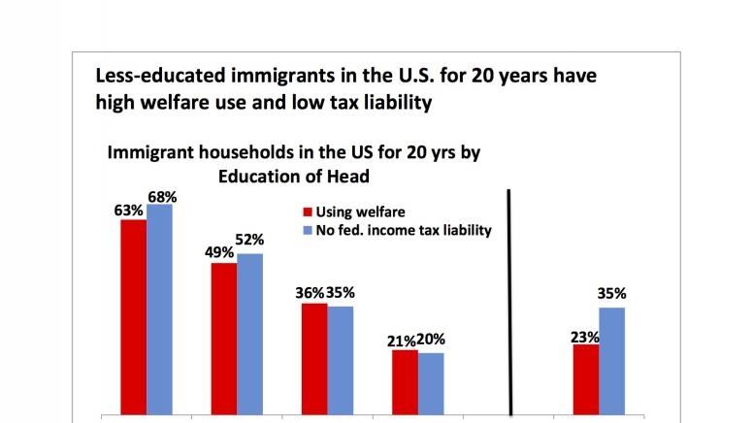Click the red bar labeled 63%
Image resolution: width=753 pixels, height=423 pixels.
[x=133, y=317]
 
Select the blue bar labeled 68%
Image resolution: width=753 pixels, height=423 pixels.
[x=159, y=309]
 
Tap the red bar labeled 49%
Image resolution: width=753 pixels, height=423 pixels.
[x=224, y=339]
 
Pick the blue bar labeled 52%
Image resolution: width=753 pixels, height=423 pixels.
[x=249, y=334]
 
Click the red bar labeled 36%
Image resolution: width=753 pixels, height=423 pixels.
[x=313, y=359]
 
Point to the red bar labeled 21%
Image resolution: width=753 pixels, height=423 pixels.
[x=405, y=382]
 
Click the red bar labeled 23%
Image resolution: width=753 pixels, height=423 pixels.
[x=585, y=379]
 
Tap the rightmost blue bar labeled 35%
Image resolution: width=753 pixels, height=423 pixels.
[x=611, y=361]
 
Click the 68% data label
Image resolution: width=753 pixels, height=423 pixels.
[x=161, y=196]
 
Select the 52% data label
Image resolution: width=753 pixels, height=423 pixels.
[x=250, y=240]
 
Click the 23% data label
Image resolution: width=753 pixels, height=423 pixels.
[x=584, y=337]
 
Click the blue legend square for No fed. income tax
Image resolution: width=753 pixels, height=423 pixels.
[x=308, y=230]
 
